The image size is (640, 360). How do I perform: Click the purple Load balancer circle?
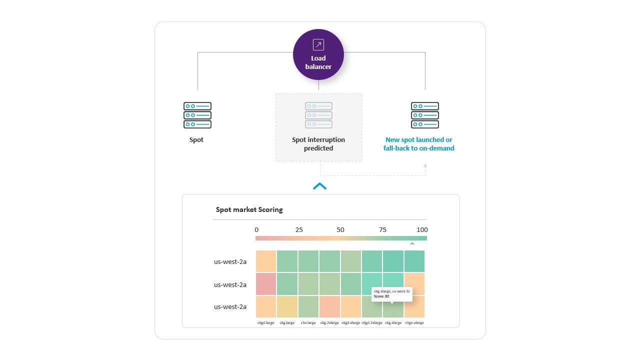tap(318, 55)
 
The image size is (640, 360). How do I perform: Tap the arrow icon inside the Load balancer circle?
tap(318, 44)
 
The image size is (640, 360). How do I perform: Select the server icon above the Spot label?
tap(197, 115)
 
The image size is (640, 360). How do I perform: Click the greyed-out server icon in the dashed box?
tap(318, 115)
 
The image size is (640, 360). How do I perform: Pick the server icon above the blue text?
tap(424, 115)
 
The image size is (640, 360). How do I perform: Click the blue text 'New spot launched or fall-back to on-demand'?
tap(419, 144)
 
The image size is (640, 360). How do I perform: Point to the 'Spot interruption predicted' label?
tap(318, 144)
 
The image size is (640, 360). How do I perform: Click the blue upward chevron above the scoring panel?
tap(319, 186)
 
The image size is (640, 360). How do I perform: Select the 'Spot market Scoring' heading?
tap(249, 209)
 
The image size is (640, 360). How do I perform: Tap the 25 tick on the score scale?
tap(299, 230)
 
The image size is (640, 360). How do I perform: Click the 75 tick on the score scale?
tap(382, 230)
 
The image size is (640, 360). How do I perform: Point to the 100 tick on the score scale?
tap(422, 230)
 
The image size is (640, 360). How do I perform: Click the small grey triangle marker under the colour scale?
tap(412, 243)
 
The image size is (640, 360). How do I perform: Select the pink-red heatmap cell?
tap(266, 284)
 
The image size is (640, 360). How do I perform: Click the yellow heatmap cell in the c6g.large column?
tap(287, 306)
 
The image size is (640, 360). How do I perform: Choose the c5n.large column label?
tap(308, 323)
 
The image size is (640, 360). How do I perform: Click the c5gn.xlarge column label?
tap(414, 323)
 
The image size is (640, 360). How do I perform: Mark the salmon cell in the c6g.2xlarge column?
tap(329, 306)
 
